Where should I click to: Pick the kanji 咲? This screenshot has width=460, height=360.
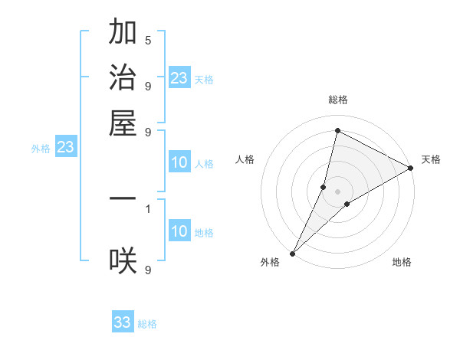pos(123,261)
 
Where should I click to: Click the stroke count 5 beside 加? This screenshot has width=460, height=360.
pos(148,40)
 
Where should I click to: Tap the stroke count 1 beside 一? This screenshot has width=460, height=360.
pos(148,208)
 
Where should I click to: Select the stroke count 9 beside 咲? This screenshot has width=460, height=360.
pos(148,270)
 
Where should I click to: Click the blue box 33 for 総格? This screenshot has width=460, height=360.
pos(123,322)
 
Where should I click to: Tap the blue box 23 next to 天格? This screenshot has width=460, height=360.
pos(179,78)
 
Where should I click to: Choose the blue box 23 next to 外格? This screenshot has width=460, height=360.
pos(65,148)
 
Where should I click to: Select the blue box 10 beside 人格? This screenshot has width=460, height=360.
pos(179,162)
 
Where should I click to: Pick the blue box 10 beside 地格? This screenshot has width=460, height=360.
pos(179,231)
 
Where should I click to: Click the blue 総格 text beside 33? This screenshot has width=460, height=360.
pos(147,324)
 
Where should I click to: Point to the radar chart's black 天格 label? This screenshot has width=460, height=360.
pos(431,159)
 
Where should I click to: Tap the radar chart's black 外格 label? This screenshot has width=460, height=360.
pos(270,262)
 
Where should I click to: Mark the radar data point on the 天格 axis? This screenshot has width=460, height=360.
pos(411,169)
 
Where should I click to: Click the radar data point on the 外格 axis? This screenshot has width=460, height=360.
pos(293,253)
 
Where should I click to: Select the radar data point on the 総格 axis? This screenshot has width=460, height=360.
pos(337,130)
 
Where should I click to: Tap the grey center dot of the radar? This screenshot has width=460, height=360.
pos(337,191)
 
